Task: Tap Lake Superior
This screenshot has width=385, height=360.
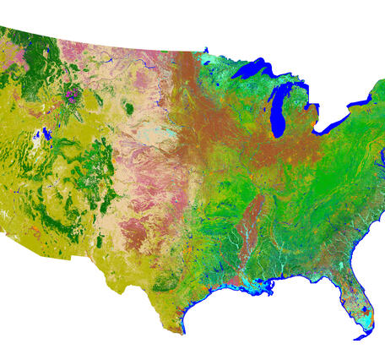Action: [x=253, y=74]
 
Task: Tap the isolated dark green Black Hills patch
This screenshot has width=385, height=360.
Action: [x=128, y=107]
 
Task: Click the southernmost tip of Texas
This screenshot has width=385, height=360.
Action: [x=182, y=330]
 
